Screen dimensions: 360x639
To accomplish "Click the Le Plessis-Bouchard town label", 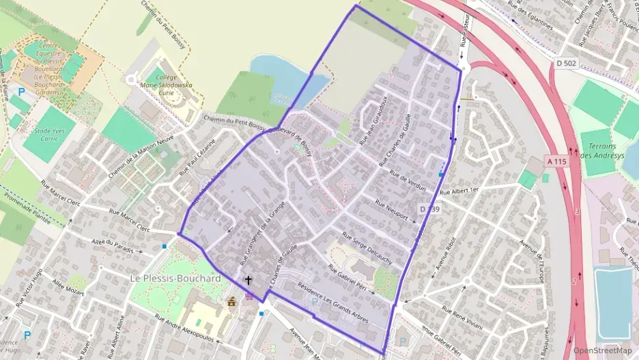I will (x=175, y=279).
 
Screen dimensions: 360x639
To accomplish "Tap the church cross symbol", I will (x=248, y=280).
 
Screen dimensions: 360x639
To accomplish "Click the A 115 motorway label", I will (x=557, y=161).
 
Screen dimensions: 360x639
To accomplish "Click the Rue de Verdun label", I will (x=408, y=180).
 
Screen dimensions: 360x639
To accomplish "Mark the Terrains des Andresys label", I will (x=599, y=151).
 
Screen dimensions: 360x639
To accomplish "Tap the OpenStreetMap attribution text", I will (x=602, y=350).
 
